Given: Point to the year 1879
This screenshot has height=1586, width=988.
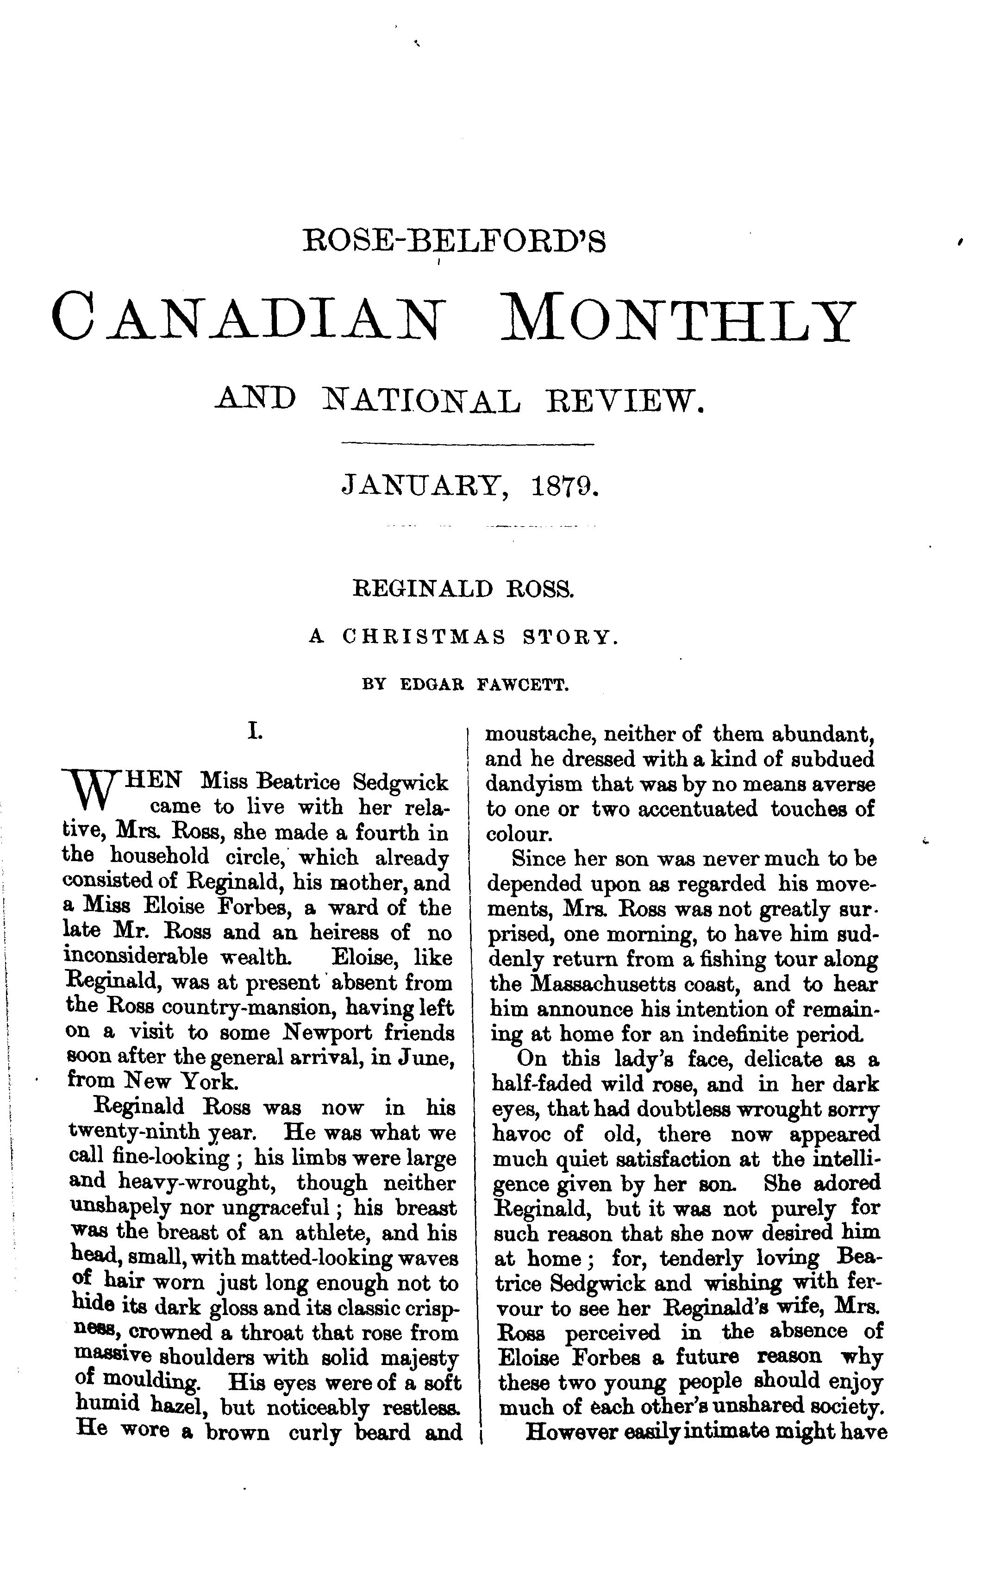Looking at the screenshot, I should tap(565, 486).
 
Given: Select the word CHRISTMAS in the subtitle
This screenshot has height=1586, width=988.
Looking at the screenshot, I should tap(425, 637).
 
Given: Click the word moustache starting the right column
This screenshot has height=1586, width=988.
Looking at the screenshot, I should tap(539, 734).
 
